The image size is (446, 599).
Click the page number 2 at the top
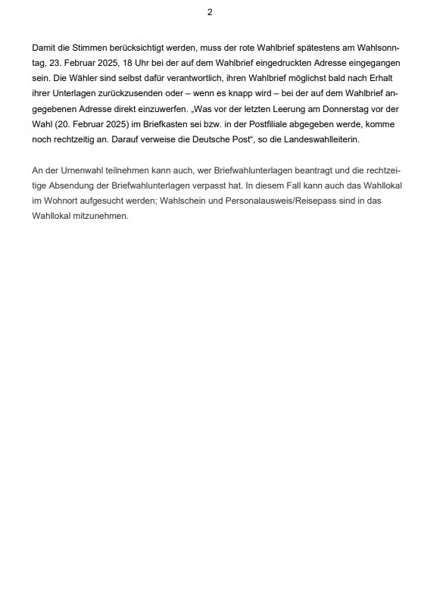pos(210,11)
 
